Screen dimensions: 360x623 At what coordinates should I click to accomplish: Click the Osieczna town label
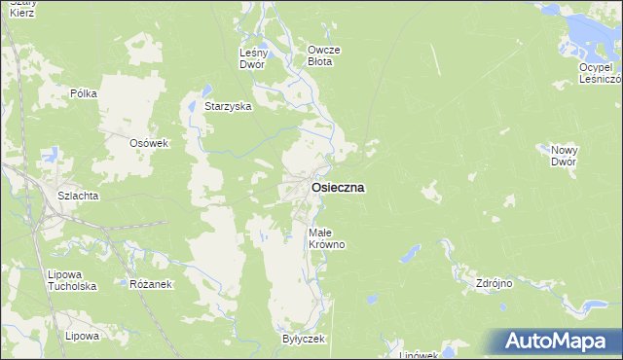(x=338, y=189)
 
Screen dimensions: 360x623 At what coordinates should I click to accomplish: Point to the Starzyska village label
(x=229, y=106)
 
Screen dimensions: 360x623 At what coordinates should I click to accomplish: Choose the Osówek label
(x=150, y=143)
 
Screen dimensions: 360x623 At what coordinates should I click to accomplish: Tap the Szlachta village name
(x=77, y=196)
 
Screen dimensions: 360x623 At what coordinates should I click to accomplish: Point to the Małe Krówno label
(x=326, y=238)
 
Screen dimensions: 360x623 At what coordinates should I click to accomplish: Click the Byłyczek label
(x=303, y=339)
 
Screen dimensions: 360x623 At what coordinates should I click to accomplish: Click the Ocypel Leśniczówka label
(x=599, y=73)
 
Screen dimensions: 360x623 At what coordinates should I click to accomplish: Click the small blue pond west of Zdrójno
(x=410, y=256)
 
